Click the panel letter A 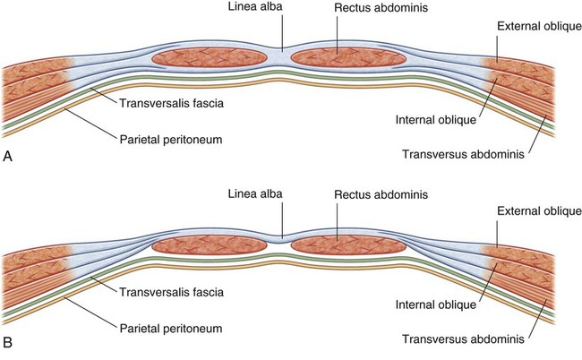(x=8, y=157)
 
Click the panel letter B (x=8, y=343)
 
